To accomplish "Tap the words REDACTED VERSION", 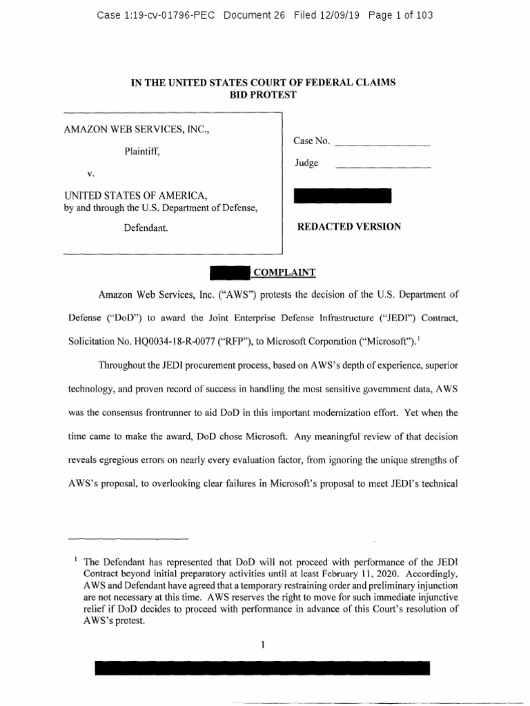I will tap(348, 227).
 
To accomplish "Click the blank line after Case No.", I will tap(382, 145).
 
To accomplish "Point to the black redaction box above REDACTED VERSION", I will tap(342, 195).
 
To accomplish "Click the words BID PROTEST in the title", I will tap(263, 94).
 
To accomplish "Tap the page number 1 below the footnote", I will tap(264, 644).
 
